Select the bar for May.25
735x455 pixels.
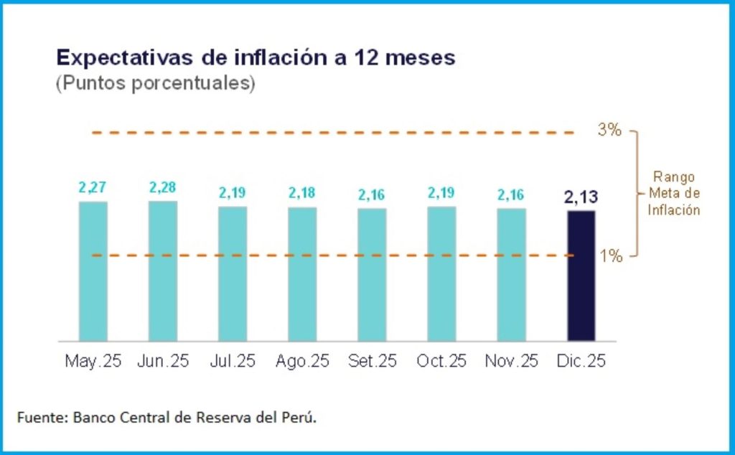click(x=93, y=271)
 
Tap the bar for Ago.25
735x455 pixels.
click(x=302, y=274)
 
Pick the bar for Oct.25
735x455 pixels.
click(x=441, y=273)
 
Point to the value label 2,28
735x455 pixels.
click(x=162, y=188)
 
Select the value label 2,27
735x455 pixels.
click(x=93, y=189)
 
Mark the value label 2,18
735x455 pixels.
click(x=302, y=194)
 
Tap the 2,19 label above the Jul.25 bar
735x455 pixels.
click(x=232, y=193)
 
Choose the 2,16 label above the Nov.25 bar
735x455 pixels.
click(x=511, y=194)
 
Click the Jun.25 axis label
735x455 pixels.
click(x=162, y=361)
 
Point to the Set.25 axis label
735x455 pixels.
click(x=372, y=361)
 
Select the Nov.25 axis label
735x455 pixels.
click(x=511, y=361)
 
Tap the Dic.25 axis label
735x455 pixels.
click(x=581, y=361)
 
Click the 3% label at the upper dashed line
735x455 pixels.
click(x=609, y=131)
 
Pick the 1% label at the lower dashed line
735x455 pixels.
click(x=610, y=255)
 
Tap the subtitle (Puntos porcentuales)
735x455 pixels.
click(x=155, y=83)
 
